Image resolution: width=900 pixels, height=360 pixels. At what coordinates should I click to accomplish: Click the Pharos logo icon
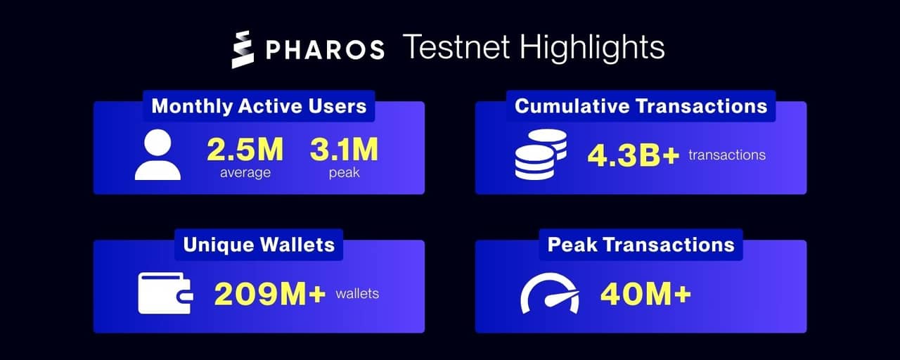point(242,50)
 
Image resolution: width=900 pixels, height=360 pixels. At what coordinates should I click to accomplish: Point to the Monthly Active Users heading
point(259,106)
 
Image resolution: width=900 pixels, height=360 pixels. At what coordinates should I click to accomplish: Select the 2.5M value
point(245,149)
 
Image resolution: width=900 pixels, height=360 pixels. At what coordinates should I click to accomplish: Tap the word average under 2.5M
point(245,172)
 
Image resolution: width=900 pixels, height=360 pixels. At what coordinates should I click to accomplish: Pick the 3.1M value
point(344,149)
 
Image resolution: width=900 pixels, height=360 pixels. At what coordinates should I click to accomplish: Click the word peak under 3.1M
point(344,172)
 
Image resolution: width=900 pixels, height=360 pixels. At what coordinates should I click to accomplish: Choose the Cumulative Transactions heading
point(641,106)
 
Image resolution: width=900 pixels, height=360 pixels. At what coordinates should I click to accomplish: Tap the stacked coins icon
point(540,154)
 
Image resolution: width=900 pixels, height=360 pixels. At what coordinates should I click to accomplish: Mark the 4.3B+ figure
point(633,155)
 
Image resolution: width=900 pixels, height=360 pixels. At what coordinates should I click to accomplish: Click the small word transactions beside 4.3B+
point(727,155)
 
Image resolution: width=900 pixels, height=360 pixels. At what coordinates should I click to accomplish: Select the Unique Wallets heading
point(259,245)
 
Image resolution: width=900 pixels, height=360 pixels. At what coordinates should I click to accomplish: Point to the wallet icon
point(165,293)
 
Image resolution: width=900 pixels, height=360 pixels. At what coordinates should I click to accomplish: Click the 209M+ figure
point(269,293)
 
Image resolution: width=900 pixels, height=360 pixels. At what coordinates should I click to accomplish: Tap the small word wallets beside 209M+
point(357,293)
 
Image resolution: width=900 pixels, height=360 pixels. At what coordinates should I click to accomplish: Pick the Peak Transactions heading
point(641,245)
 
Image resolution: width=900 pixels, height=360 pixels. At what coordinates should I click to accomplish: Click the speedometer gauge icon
point(550,293)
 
